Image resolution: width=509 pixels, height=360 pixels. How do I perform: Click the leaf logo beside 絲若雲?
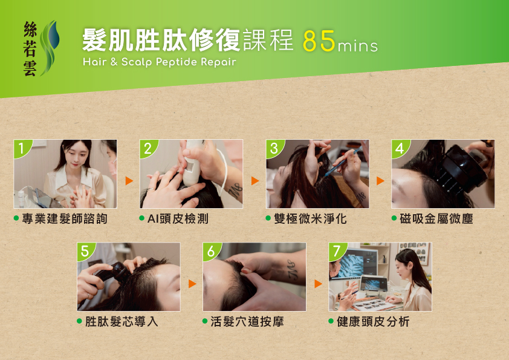[x=50, y=48]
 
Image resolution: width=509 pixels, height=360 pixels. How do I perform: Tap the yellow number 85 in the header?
[x=319, y=41]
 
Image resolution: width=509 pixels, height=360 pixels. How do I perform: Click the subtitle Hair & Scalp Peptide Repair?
[x=160, y=62]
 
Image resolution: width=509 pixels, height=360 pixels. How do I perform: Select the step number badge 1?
[x=22, y=148]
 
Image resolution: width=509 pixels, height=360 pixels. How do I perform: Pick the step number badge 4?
[x=400, y=148]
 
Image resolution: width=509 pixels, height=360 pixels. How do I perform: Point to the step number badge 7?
[x=337, y=251]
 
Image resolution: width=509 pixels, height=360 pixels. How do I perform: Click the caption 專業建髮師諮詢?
[x=65, y=218]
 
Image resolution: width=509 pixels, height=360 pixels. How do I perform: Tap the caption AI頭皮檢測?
[x=178, y=218]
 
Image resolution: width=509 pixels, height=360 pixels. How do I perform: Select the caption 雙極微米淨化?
[x=310, y=218]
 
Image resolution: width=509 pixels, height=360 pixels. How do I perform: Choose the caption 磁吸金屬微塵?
[x=436, y=218]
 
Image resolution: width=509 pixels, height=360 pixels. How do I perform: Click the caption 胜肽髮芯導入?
[x=122, y=322]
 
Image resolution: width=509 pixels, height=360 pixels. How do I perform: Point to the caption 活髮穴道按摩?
[x=247, y=322]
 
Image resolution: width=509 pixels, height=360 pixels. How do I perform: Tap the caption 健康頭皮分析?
[x=373, y=322]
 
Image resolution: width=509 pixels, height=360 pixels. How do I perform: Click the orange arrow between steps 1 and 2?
[x=129, y=181]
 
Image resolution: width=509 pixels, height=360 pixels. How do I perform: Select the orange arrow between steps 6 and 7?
[x=318, y=284]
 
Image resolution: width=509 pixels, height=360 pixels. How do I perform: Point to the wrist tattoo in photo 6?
[x=292, y=270]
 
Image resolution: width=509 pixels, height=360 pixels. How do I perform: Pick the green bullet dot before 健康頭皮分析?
[x=331, y=321]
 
